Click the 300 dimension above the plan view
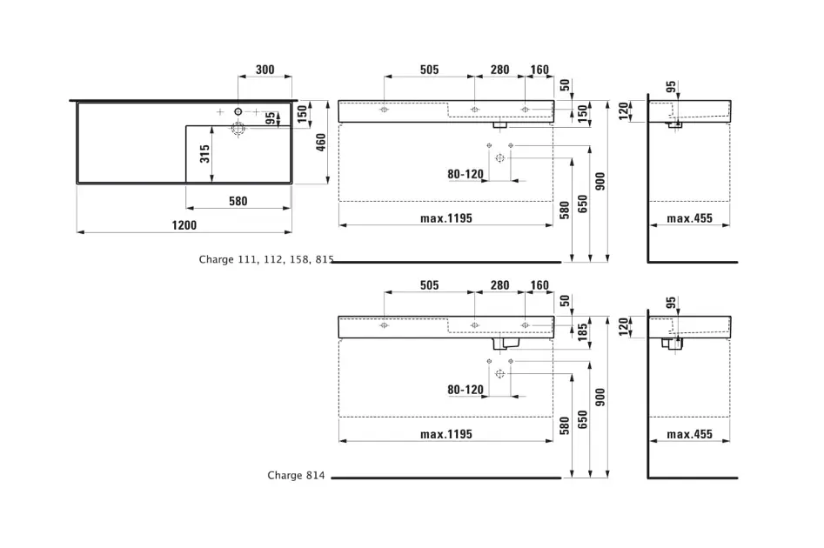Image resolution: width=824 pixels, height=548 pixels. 265,70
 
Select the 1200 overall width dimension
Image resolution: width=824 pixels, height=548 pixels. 184,224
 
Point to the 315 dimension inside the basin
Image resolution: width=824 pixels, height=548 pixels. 205,154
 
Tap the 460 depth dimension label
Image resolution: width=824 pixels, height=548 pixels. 320,142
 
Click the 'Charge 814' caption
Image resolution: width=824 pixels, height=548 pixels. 295,476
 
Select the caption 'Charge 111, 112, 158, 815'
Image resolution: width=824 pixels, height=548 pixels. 265,259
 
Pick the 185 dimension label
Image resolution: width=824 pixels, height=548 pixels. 583,331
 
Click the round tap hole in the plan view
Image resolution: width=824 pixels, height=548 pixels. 238,111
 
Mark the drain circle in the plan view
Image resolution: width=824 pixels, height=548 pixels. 238,129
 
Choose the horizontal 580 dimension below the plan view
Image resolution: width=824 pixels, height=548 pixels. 238,201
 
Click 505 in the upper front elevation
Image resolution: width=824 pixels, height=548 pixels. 429,70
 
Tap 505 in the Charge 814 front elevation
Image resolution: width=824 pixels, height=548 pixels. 429,285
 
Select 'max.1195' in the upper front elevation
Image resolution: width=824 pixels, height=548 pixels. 445,218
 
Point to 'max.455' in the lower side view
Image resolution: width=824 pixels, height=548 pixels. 689,434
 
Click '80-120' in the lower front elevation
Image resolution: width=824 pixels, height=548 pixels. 466,390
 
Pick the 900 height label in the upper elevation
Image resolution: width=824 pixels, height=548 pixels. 600,181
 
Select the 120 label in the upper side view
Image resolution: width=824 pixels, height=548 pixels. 623,111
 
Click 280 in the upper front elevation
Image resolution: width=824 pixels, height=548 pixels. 499,70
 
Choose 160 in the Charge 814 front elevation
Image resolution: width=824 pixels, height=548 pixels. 539,285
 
